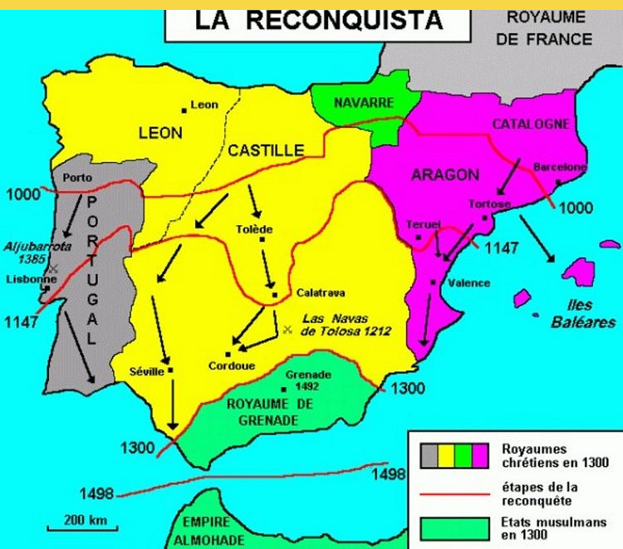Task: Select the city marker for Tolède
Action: coord(262,239)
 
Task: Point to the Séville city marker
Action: coord(170,370)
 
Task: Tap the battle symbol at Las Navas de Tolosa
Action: coord(287,330)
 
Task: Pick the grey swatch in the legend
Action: coord(430,455)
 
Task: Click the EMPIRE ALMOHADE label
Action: coord(205,531)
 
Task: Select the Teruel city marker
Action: coord(419,238)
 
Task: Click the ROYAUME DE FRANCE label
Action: coord(549,28)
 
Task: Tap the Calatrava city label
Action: coord(320,293)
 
